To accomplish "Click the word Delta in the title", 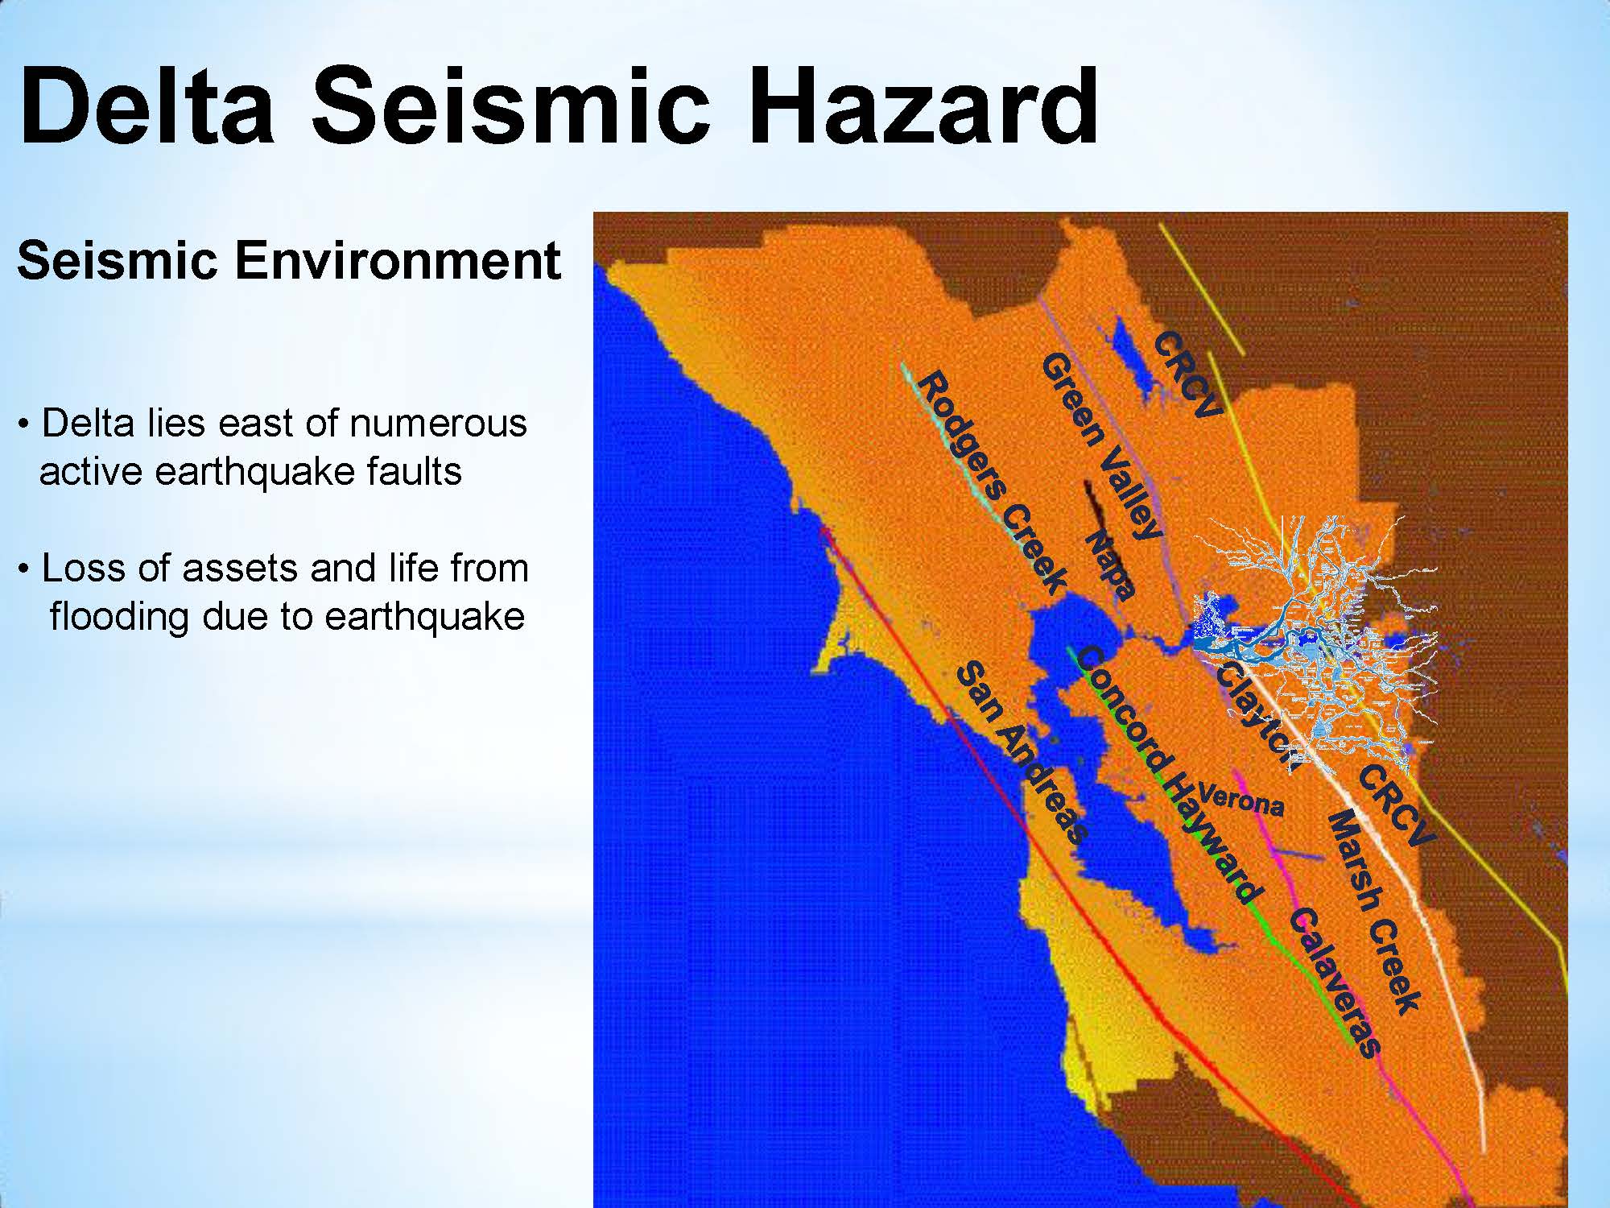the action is pos(147,105).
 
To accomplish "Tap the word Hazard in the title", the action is pos(925,105).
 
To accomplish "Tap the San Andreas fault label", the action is pos(1022,751).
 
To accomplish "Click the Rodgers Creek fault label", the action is pos(993,482).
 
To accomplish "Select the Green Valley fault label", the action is pos(1101,445).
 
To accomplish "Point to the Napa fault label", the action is pos(1110,565).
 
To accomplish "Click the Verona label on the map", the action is pos(1241,800).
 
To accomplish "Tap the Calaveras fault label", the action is pos(1335,982).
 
